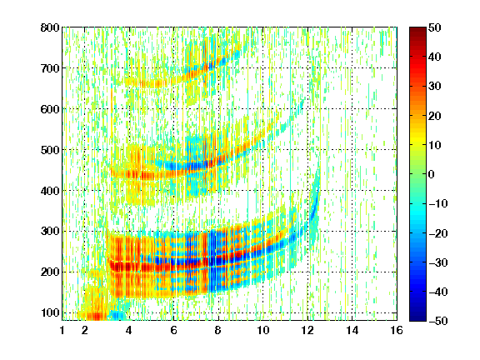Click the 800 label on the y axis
coord(50,27)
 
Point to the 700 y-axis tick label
coord(50,68)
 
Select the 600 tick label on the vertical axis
coord(50,109)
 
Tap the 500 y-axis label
coord(50,150)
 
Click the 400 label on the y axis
coord(50,191)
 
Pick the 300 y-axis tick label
coord(50,232)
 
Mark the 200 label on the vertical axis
coord(50,272)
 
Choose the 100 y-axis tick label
coord(50,312)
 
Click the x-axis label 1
coord(62,330)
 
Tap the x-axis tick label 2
coord(85,330)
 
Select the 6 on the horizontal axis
coord(173,330)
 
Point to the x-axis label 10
coord(262,330)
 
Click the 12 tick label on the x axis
coord(307,330)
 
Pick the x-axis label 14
coord(352,330)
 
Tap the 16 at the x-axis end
coord(397,330)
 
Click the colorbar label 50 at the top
coord(435,27)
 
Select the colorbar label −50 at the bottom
coord(438,321)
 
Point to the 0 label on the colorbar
coord(432,174)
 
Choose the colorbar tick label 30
coord(435,87)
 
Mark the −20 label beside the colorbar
coord(438,233)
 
